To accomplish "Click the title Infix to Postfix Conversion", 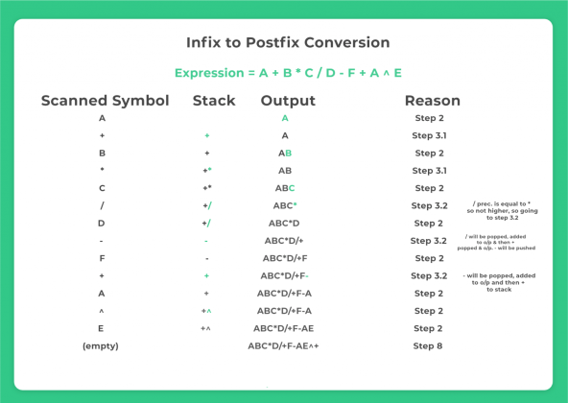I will pyautogui.click(x=288, y=42).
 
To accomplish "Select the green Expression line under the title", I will pyautogui.click(x=288, y=73).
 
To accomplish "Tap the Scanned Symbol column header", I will pyautogui.click(x=105, y=101).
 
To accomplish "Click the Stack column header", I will pyautogui.click(x=213, y=101).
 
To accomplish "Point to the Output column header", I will pyautogui.click(x=288, y=101).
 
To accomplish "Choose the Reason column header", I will pyautogui.click(x=432, y=101).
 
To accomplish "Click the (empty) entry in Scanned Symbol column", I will pyautogui.click(x=101, y=345).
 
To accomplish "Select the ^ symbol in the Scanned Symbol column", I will pyautogui.click(x=102, y=311).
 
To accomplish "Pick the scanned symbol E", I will pyautogui.click(x=102, y=328).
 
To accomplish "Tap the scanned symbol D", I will pyautogui.click(x=102, y=224).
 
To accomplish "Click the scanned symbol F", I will pyautogui.click(x=102, y=258).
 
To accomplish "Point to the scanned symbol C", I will pyautogui.click(x=102, y=188).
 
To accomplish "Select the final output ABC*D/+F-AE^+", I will pyautogui.click(x=283, y=345).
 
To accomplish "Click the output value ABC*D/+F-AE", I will pyautogui.click(x=283, y=328).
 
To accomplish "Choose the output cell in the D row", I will pyautogui.click(x=284, y=224).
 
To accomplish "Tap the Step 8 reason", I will pyautogui.click(x=428, y=345).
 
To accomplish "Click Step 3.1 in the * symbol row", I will pyautogui.click(x=428, y=171).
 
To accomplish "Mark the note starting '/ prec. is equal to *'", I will pyautogui.click(x=504, y=210).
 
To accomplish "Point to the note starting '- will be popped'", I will pyautogui.click(x=498, y=282).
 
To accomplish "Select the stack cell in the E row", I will pyautogui.click(x=205, y=328).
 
